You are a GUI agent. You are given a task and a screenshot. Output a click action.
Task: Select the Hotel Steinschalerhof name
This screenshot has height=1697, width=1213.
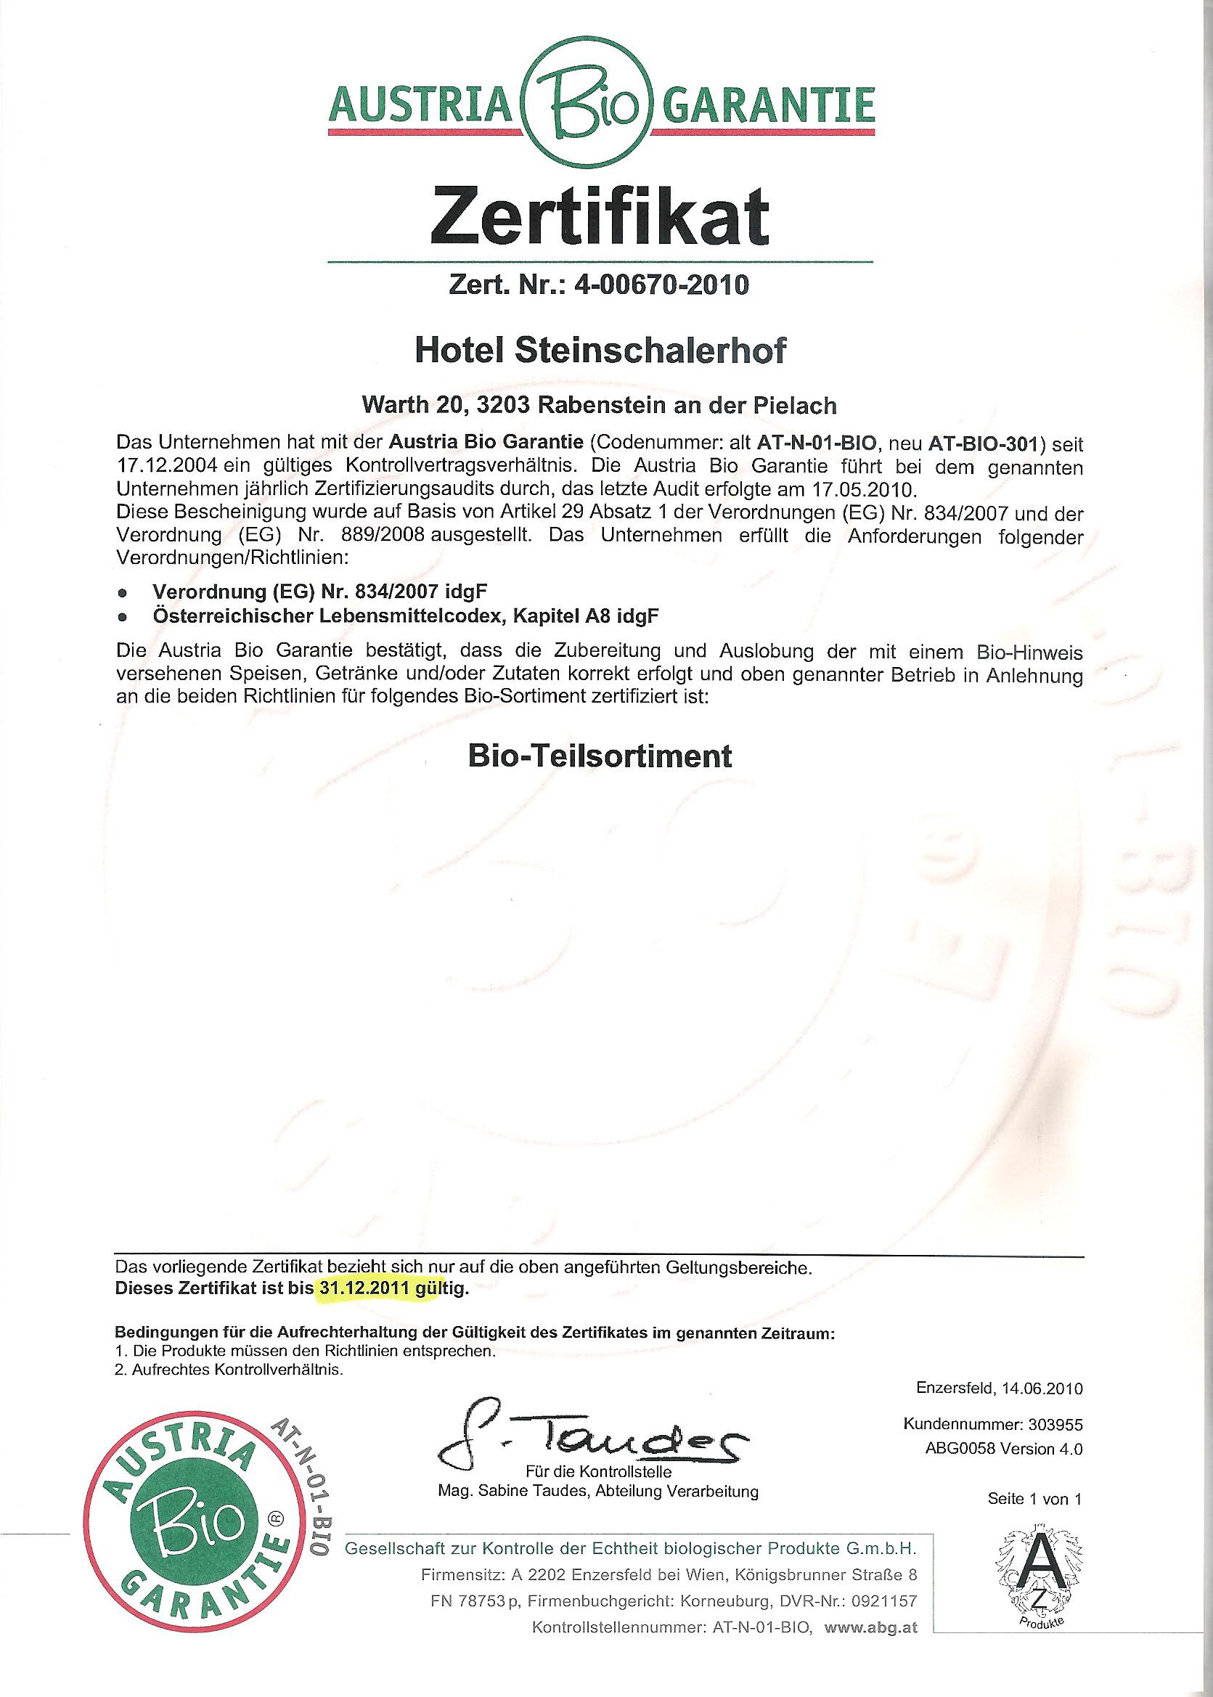(600, 351)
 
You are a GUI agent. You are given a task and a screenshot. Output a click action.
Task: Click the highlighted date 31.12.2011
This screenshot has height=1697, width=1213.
(377, 1288)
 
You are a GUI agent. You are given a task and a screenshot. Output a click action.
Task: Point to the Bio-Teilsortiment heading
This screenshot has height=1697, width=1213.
(600, 756)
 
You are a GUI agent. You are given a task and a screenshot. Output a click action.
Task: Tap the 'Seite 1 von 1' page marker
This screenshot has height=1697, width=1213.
(1034, 1498)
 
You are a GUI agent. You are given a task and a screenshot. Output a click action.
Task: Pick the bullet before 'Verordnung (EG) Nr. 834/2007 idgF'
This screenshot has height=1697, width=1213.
(123, 592)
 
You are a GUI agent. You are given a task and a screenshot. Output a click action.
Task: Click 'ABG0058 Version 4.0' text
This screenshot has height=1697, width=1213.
(1003, 1449)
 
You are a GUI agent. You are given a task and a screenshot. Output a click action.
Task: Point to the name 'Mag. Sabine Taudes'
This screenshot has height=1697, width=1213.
(504, 1492)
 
